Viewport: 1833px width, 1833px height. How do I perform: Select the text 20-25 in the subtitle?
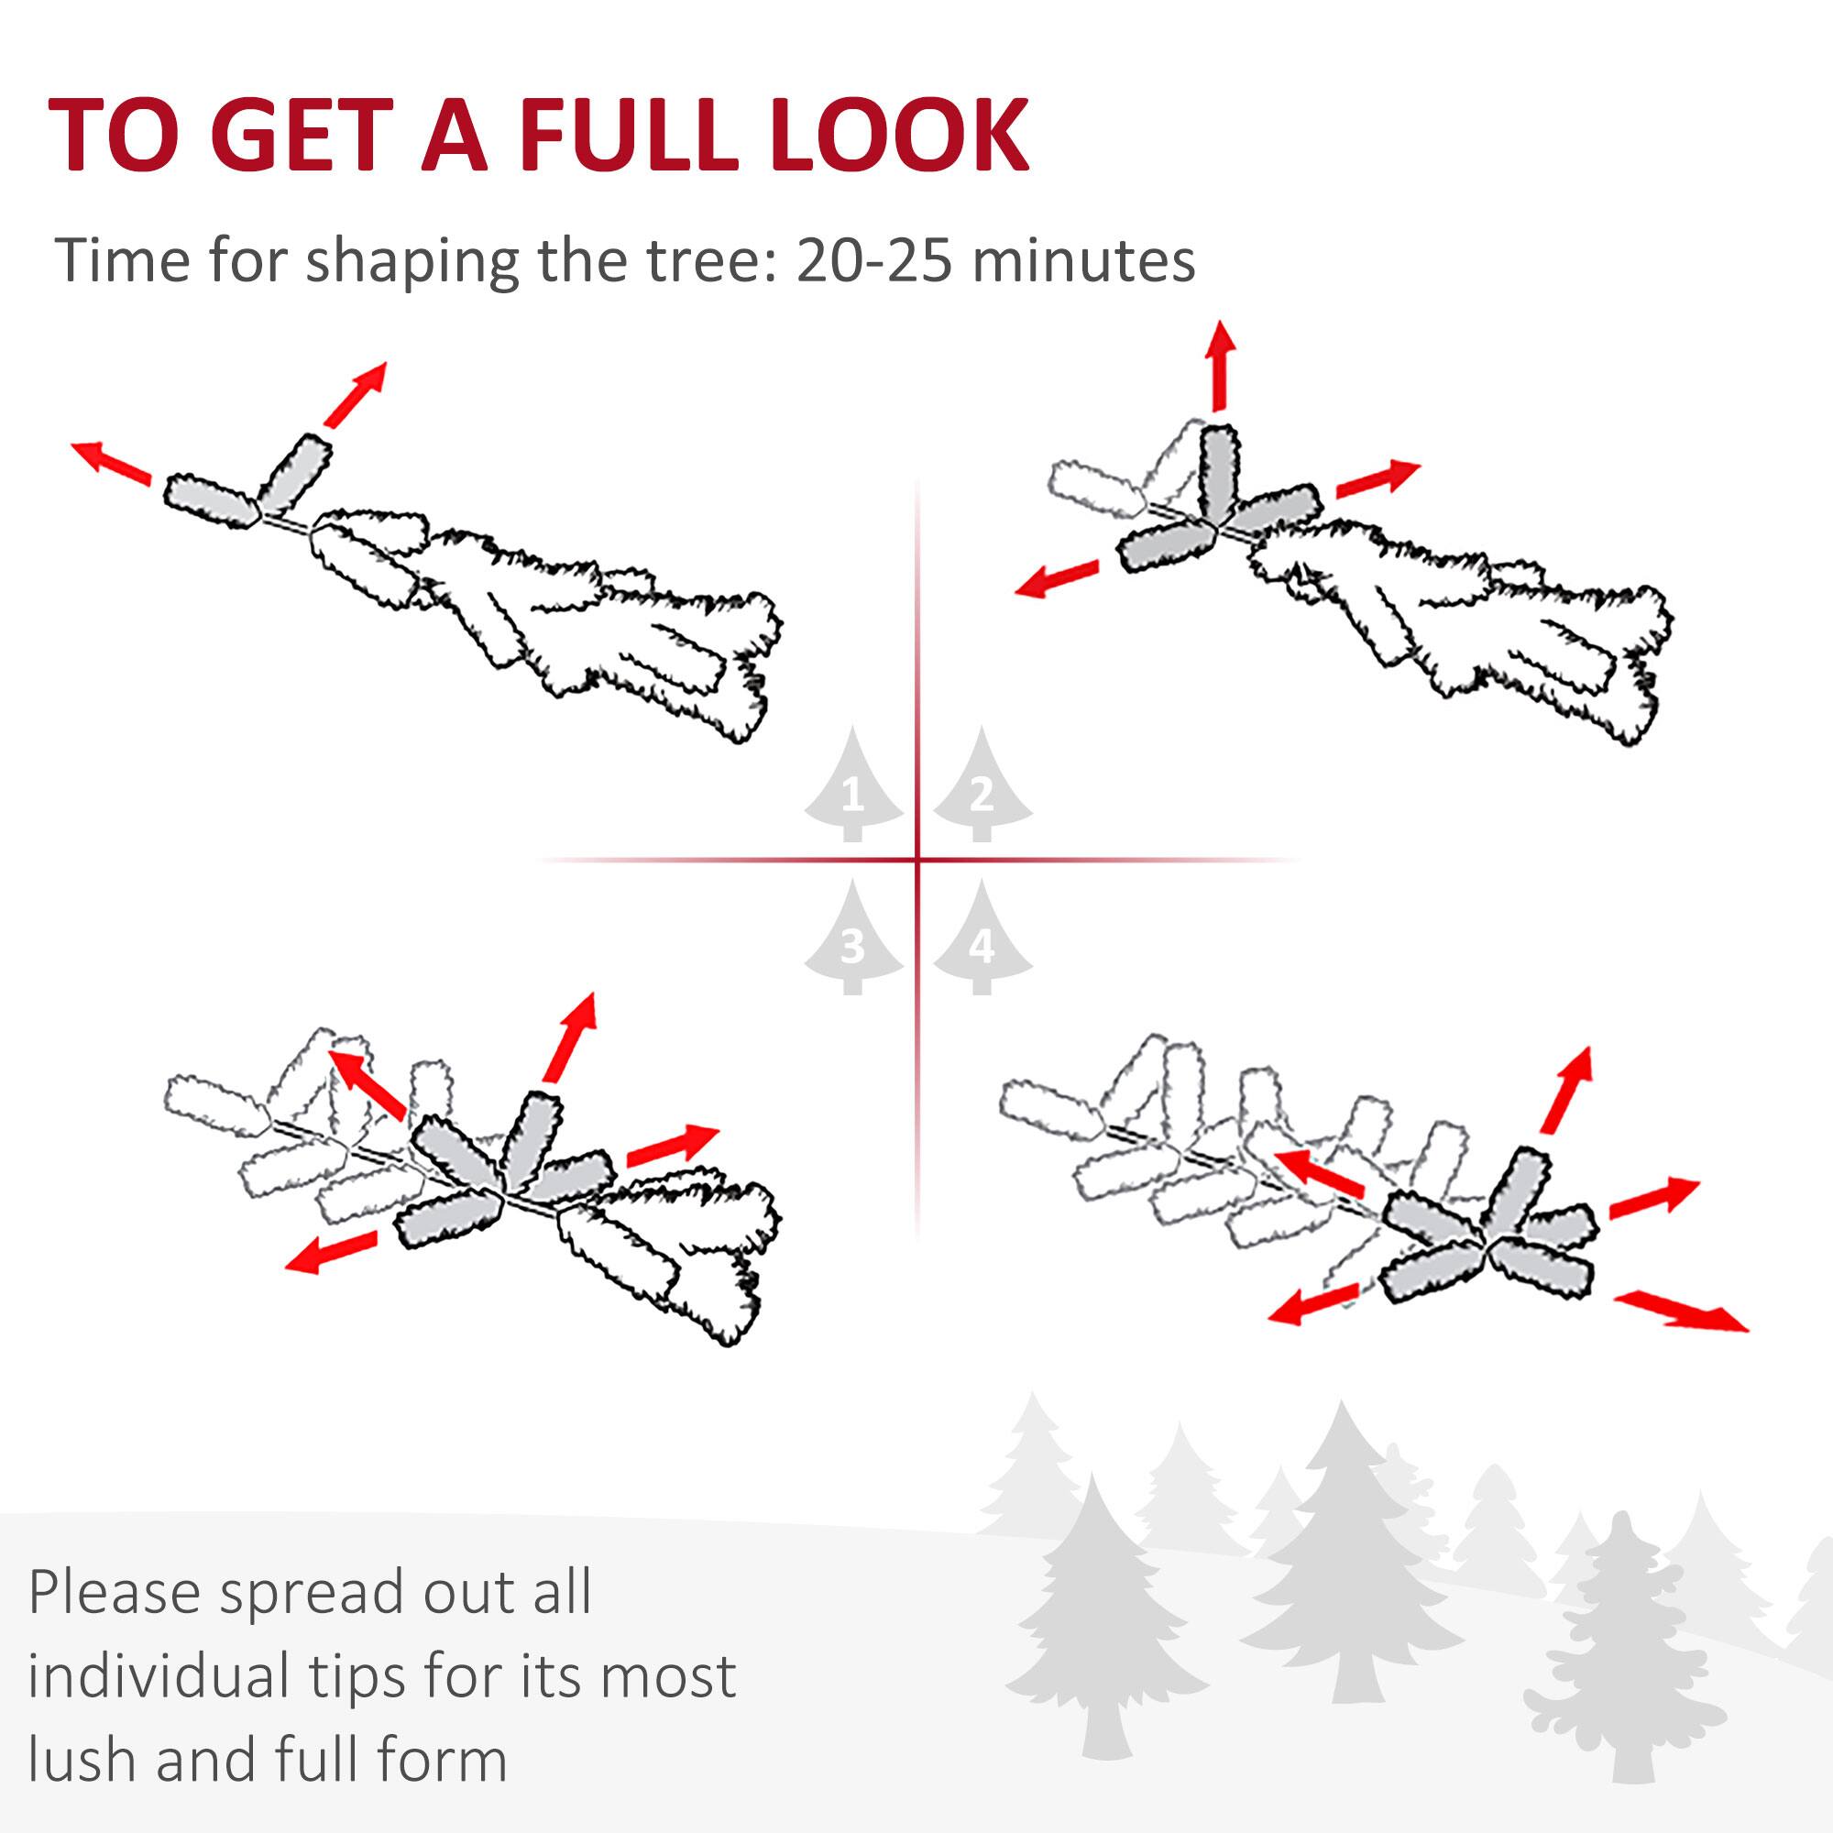pos(873,260)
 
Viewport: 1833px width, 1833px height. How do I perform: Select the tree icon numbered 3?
pos(853,941)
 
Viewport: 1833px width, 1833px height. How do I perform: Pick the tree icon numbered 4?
pos(982,941)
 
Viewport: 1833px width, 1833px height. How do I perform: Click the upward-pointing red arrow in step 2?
pos(1220,366)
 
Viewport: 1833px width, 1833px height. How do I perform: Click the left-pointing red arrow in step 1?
pos(111,463)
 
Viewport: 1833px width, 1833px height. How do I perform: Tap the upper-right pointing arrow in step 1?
pos(355,393)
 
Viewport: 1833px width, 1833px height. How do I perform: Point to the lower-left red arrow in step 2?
pos(1056,578)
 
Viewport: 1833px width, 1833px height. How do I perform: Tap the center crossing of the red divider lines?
pos(917,861)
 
